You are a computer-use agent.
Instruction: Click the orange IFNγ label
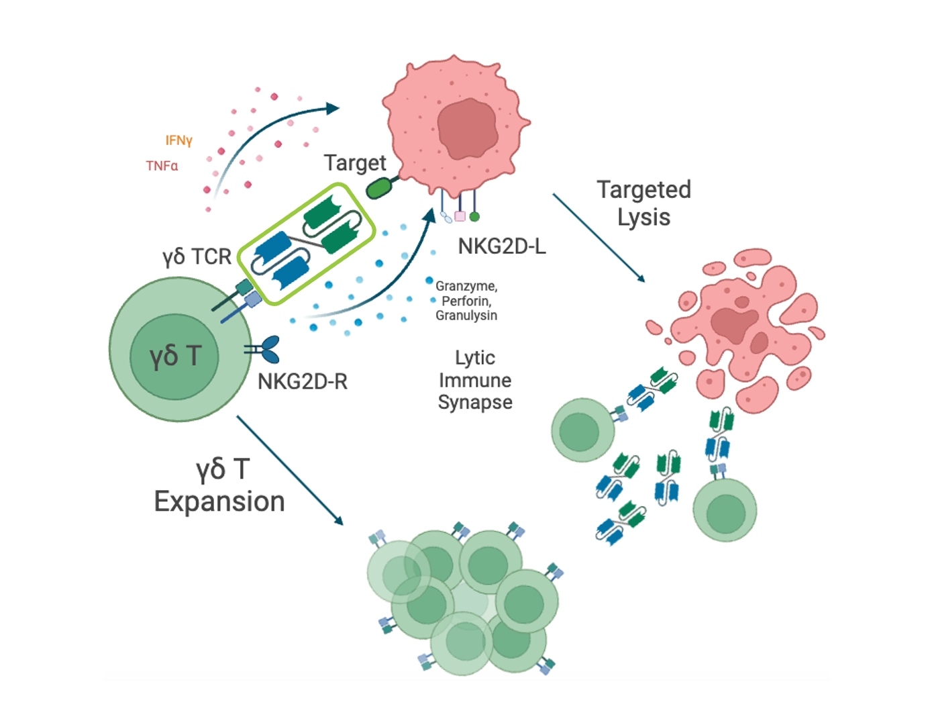click(178, 140)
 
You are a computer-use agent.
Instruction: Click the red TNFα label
click(162, 166)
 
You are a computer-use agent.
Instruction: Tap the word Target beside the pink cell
click(354, 162)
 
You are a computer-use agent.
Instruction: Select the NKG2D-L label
click(502, 247)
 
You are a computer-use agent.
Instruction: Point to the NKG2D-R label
click(303, 382)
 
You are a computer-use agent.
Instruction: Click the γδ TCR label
click(197, 256)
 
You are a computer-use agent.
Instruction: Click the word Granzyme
click(466, 286)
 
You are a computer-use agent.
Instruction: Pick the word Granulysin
click(466, 316)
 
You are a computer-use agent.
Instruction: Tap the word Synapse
click(475, 403)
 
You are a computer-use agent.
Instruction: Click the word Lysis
click(644, 217)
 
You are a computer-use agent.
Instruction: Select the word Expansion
click(219, 501)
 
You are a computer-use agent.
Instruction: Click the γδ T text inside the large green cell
click(175, 356)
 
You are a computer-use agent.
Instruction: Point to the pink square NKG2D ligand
click(460, 216)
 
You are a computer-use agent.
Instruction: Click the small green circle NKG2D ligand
click(474, 216)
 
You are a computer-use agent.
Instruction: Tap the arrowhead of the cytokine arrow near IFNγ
click(333, 108)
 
